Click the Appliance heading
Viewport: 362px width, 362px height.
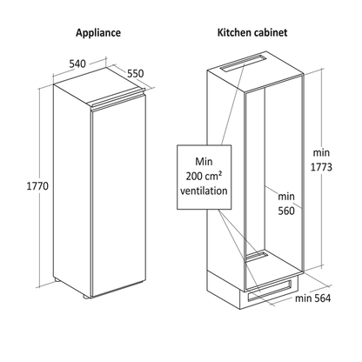click(x=98, y=33)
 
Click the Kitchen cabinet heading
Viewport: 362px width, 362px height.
click(x=252, y=32)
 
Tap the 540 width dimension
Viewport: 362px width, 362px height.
click(x=77, y=64)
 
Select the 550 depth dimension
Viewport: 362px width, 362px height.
click(x=136, y=74)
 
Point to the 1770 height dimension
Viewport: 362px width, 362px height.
click(x=37, y=186)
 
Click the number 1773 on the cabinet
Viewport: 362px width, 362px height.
click(x=321, y=167)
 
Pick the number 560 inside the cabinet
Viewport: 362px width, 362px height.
click(x=286, y=211)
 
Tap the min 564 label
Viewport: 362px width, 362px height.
click(x=312, y=298)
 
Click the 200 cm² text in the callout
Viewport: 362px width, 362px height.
click(x=204, y=176)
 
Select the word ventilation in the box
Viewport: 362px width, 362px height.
click(x=204, y=191)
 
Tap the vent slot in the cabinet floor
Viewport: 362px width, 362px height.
click(x=257, y=256)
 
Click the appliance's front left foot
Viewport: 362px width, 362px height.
click(x=87, y=297)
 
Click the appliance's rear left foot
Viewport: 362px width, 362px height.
click(x=57, y=280)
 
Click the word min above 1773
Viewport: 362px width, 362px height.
click(x=321, y=152)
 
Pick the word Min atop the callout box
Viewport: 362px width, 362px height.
click(x=204, y=161)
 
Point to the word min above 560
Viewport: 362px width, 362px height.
click(x=286, y=197)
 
